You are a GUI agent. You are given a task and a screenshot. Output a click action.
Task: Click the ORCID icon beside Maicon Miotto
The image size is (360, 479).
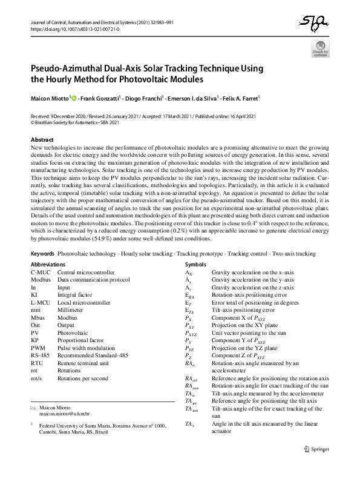[74, 97]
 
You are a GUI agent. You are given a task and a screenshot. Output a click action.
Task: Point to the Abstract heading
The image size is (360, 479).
[41, 139]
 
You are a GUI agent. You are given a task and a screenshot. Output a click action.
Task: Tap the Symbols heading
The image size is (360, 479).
[195, 265]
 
